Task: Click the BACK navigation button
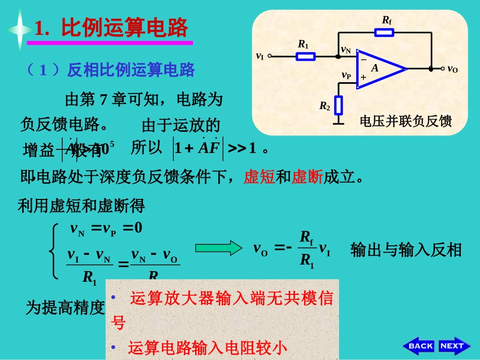click(x=419, y=346)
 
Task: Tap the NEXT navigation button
click(x=453, y=346)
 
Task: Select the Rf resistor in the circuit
click(x=385, y=32)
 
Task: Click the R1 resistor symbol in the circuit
click(x=305, y=56)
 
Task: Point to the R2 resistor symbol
click(x=339, y=105)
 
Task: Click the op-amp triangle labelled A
click(x=379, y=69)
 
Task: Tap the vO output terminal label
click(x=452, y=69)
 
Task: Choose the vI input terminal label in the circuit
click(x=260, y=57)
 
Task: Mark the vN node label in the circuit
click(x=346, y=49)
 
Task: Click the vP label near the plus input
click(x=346, y=76)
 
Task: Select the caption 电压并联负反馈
click(x=405, y=122)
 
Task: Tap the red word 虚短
click(x=259, y=177)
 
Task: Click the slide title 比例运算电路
click(x=124, y=27)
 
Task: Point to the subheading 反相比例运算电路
click(x=131, y=70)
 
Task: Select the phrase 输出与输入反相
click(x=406, y=249)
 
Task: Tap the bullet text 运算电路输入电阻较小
click(x=207, y=348)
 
